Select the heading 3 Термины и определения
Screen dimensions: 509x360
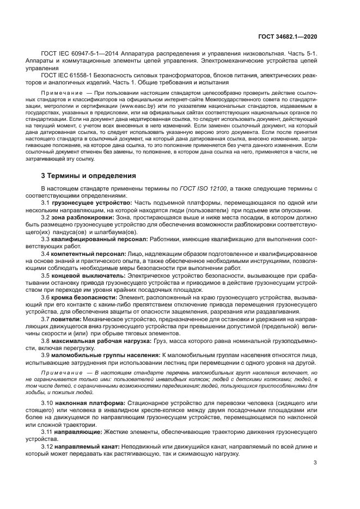(85, 176)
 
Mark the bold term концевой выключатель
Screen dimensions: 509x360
(89, 275)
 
